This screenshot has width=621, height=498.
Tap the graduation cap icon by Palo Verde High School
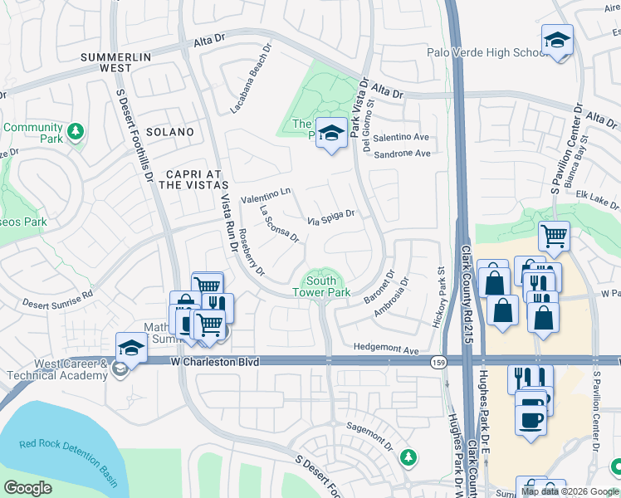click(x=557, y=41)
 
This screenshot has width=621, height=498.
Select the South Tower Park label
click(x=321, y=286)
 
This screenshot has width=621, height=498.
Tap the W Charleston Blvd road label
click(x=215, y=362)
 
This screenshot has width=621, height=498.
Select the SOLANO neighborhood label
click(x=169, y=132)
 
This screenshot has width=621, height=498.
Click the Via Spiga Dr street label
click(x=331, y=217)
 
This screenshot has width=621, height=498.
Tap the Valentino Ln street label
click(x=265, y=196)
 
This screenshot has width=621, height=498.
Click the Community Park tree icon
click(x=75, y=132)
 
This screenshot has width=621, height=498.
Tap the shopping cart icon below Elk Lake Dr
click(x=554, y=236)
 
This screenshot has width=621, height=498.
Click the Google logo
click(x=28, y=488)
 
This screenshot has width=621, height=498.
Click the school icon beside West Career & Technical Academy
click(x=131, y=348)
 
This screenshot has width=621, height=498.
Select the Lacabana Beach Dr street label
click(x=251, y=80)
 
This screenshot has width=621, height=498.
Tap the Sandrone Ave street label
click(x=402, y=154)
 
